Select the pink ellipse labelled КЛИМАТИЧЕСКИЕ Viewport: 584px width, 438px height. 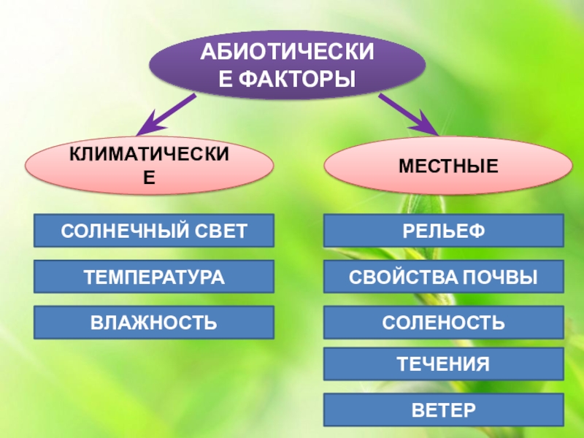(x=149, y=167)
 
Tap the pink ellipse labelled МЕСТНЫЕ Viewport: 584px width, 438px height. (x=447, y=167)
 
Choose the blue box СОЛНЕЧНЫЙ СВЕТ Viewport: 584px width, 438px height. (x=154, y=230)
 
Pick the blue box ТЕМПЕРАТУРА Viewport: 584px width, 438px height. (x=154, y=277)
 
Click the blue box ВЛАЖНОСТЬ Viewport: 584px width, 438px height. (x=154, y=322)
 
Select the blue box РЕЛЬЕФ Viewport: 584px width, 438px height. (x=443, y=230)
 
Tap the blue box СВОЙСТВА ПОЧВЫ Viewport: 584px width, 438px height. (x=443, y=277)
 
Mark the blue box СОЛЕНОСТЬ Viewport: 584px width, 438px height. (x=443, y=322)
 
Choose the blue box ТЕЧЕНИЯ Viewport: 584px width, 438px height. (x=443, y=364)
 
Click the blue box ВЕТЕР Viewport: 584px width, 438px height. (x=443, y=409)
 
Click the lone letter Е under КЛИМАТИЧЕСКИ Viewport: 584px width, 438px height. (x=149, y=177)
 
